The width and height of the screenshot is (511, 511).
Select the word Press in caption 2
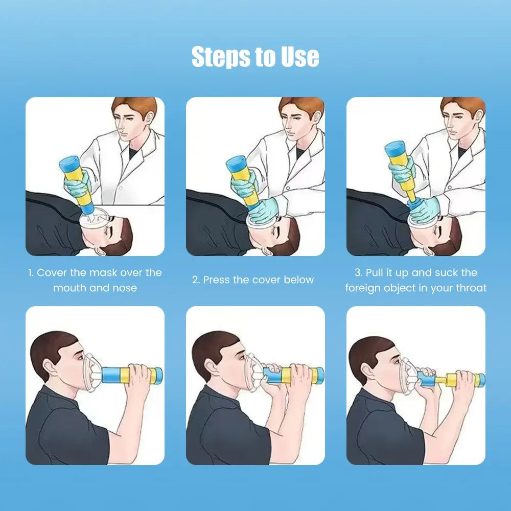click(217, 280)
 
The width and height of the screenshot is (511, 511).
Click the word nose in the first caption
click(125, 288)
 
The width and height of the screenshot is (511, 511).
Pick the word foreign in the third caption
click(364, 288)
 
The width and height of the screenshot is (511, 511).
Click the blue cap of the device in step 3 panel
click(394, 149)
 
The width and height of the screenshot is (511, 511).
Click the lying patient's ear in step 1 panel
click(102, 250)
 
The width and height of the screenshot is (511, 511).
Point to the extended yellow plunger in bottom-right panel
click(450, 380)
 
